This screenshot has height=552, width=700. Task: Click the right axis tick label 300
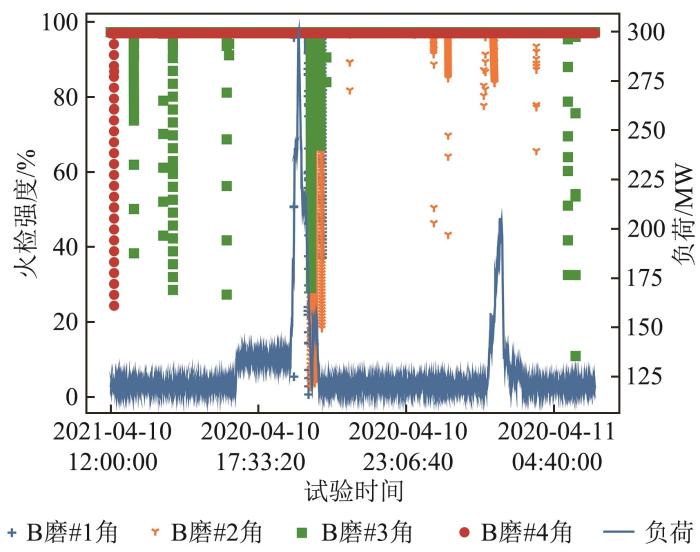tap(643, 32)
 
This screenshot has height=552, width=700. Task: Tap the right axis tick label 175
tap(643, 278)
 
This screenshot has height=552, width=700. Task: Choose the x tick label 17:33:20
tap(258, 462)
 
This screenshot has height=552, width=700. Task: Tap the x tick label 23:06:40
tap(406, 462)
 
